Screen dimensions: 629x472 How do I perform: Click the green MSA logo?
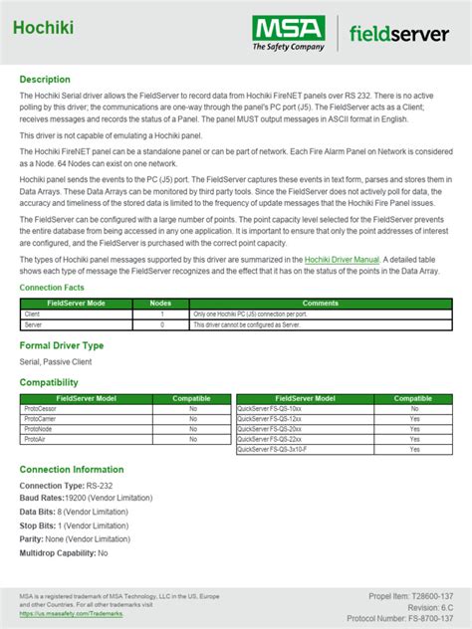pos(288,32)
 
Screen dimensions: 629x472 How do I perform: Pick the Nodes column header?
pos(160,302)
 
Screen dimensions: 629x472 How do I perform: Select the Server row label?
pos(34,323)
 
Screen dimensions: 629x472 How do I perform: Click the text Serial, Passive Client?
pos(56,362)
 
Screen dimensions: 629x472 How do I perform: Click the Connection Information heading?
pos(72,470)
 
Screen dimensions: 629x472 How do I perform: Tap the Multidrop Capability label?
pos(58,552)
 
